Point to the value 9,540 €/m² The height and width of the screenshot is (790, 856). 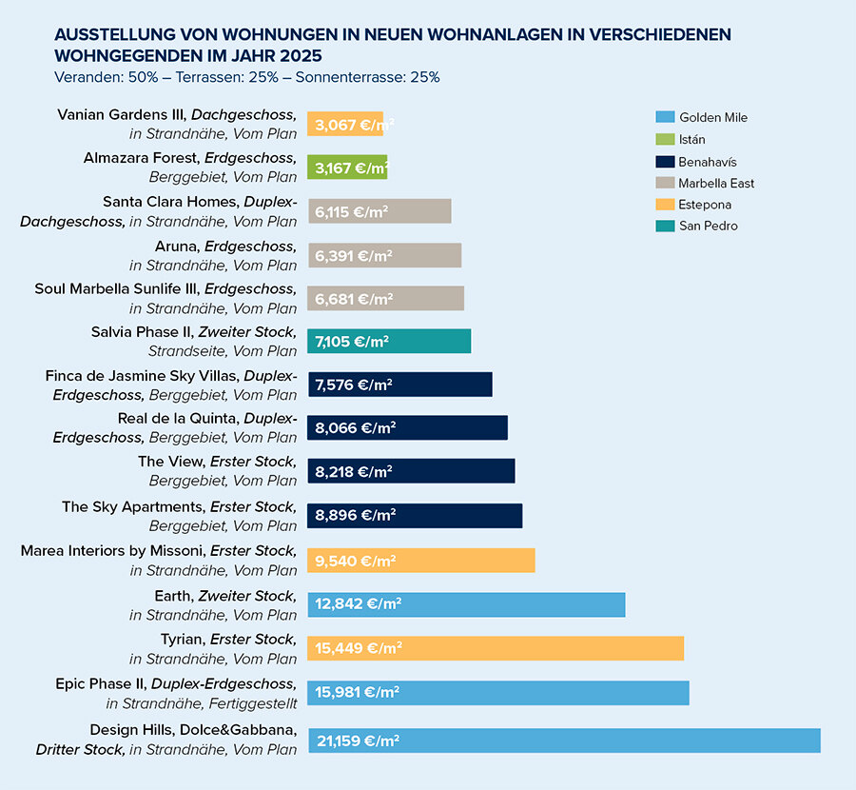[x=355, y=561]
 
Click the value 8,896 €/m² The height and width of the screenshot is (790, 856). [x=355, y=516]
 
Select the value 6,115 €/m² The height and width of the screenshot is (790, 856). [x=354, y=211]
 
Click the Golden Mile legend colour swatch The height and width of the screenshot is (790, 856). [x=665, y=117]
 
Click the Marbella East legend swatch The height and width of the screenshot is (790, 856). [x=665, y=183]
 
